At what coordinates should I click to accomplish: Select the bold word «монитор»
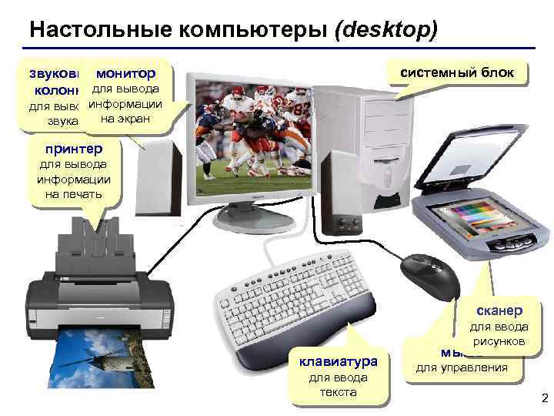click(124, 74)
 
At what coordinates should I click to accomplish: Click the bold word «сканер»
click(499, 310)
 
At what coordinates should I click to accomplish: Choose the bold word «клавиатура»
click(338, 361)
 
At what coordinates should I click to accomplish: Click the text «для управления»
click(462, 367)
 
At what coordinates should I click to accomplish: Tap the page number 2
click(544, 398)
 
